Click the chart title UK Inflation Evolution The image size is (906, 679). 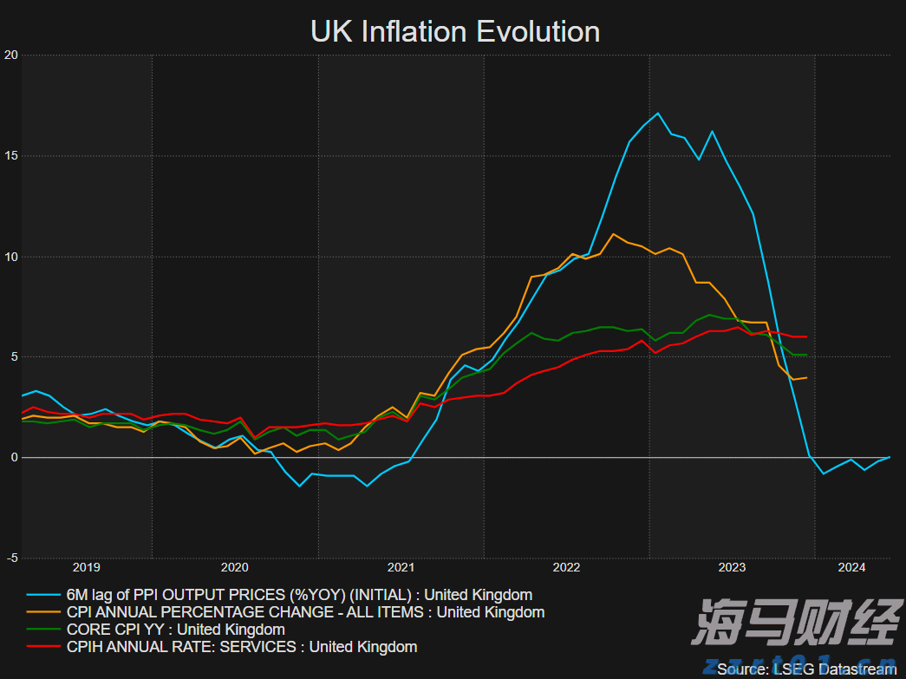455,32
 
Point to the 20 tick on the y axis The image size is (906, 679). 11,55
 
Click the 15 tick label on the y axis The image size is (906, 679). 11,156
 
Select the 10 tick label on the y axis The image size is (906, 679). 11,257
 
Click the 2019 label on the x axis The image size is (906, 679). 86,568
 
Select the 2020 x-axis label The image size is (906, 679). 235,568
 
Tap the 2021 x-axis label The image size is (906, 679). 401,568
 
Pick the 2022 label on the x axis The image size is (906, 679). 566,568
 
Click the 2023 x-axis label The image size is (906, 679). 732,568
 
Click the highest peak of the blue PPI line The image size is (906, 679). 658,113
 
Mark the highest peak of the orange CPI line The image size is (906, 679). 614,234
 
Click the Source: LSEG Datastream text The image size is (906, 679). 806,669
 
